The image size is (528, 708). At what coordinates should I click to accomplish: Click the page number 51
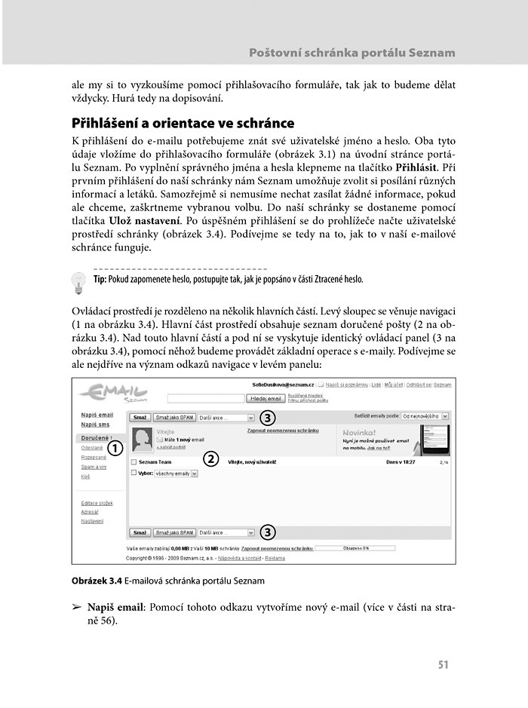click(x=443, y=664)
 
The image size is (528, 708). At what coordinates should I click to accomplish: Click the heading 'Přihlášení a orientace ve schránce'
click(x=183, y=123)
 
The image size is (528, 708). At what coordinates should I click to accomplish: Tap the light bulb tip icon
click(x=78, y=282)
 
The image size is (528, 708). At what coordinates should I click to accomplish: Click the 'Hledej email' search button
click(x=267, y=398)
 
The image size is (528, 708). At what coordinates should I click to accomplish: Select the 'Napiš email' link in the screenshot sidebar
click(x=97, y=415)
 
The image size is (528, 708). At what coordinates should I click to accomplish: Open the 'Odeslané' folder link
click(x=92, y=448)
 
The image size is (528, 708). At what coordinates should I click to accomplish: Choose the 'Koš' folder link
click(x=85, y=477)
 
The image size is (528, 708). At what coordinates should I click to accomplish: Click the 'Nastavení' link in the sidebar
click(x=93, y=521)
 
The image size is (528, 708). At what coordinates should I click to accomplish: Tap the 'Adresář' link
click(x=91, y=512)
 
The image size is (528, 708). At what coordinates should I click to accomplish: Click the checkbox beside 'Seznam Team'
click(x=134, y=462)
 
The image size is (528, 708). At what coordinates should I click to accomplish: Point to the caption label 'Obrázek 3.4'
click(x=97, y=581)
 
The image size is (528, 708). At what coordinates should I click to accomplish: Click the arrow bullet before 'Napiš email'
click(x=75, y=608)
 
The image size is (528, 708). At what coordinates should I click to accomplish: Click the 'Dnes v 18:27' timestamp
click(x=401, y=462)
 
